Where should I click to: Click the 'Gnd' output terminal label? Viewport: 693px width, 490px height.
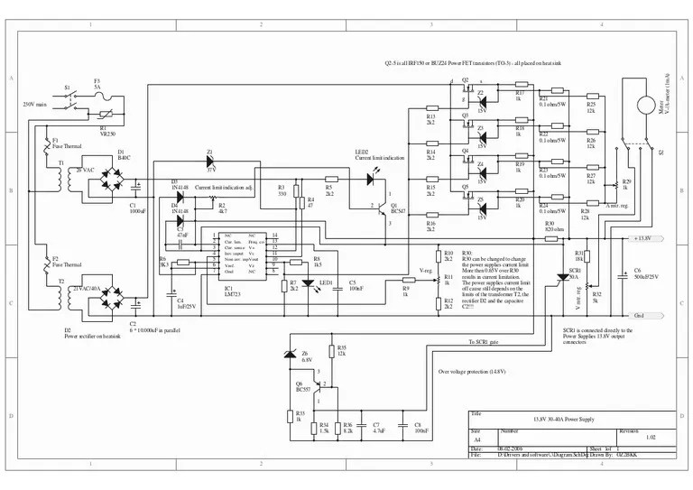(x=638, y=316)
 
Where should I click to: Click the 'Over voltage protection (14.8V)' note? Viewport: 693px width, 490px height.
(x=472, y=372)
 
